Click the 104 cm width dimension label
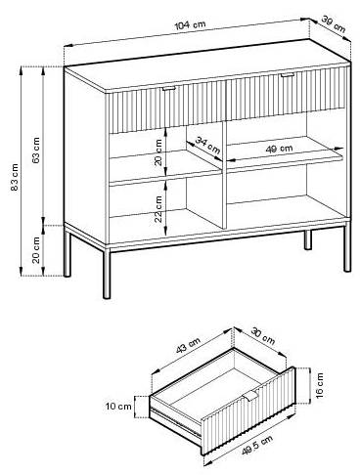(191, 24)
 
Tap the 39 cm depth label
(334, 23)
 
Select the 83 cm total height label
(15, 177)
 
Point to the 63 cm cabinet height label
(36, 150)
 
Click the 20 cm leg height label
(36, 250)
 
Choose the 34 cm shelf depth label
(207, 146)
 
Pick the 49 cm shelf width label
(280, 149)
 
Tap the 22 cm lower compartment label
(158, 209)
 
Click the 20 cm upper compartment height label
(158, 152)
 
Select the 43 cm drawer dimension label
(188, 346)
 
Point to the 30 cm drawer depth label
(263, 336)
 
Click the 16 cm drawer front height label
(320, 385)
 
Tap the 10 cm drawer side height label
(118, 407)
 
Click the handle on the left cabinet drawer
(169, 88)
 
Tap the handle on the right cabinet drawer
(287, 75)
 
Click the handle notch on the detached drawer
(250, 396)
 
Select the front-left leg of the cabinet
(107, 273)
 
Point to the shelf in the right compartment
(285, 155)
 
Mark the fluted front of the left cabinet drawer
(166, 108)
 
